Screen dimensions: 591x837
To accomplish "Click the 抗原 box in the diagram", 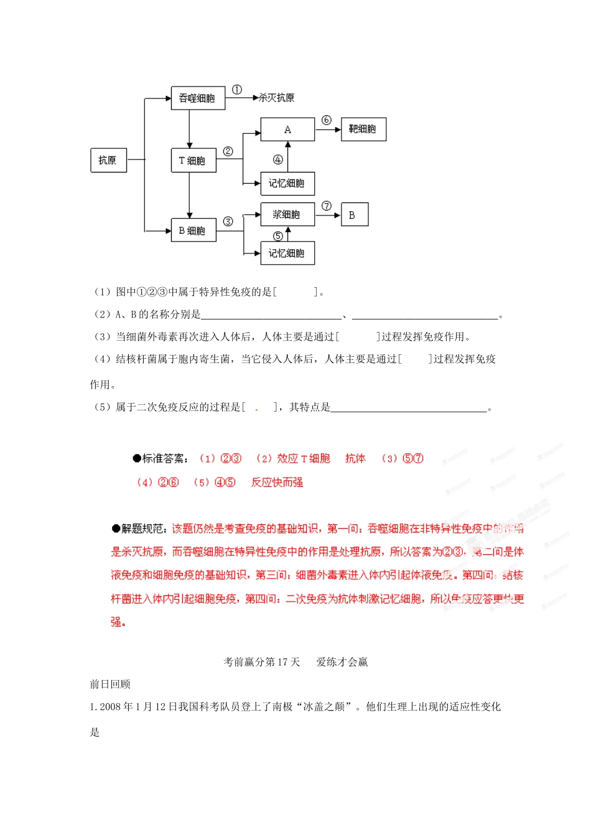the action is tap(108, 161).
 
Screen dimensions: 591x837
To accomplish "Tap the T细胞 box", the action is tap(193, 161).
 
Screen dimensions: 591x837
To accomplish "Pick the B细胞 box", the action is tap(193, 230).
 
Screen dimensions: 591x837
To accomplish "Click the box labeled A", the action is tap(287, 130).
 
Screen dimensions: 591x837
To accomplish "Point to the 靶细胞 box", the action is tap(363, 129).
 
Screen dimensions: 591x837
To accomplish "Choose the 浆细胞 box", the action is tap(287, 215).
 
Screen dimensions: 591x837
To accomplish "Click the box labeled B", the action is tap(354, 215).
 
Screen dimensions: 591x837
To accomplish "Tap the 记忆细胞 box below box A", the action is tap(287, 184).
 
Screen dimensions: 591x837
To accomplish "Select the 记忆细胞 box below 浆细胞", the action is tap(287, 253).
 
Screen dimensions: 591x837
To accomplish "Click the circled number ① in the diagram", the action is tap(237, 90).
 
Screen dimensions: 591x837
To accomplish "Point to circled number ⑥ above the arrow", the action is tap(327, 120).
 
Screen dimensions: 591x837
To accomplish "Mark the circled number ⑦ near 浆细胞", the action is tap(327, 206).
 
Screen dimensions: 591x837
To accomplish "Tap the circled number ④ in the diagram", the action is tap(278, 159).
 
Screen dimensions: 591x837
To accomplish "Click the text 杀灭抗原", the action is tap(277, 98).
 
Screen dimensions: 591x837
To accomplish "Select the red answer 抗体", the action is tap(355, 458).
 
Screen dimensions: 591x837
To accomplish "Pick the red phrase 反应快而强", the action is tap(277, 482).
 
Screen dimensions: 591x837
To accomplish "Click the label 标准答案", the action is tap(164, 458).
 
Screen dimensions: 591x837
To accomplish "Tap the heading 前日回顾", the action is tap(110, 684).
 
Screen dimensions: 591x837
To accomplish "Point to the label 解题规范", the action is tap(143, 529).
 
